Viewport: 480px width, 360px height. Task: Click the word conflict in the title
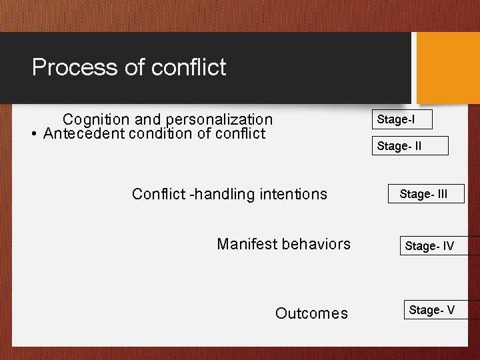189,67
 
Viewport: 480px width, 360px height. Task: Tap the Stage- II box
409,146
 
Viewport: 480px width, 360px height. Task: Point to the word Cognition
96,120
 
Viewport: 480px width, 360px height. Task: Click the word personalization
219,120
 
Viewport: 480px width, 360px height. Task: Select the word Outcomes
311,313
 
